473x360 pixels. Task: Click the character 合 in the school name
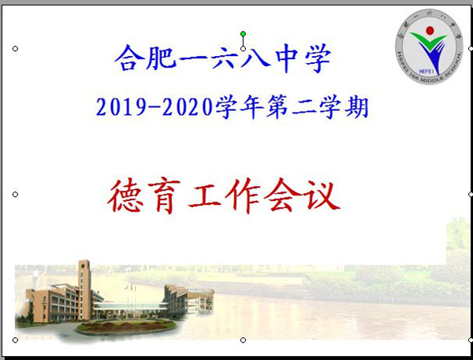click(x=128, y=58)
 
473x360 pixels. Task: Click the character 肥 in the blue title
click(x=159, y=58)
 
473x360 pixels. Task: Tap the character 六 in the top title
click(x=221, y=58)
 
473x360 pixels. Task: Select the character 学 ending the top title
click(x=314, y=58)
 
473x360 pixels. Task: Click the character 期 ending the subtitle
click(x=358, y=106)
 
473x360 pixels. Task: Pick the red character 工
click(x=206, y=196)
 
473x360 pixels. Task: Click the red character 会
click(x=283, y=196)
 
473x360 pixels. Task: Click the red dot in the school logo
click(x=430, y=32)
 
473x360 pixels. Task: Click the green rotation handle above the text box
click(x=243, y=33)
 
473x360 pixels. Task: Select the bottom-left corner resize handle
click(x=15, y=340)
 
